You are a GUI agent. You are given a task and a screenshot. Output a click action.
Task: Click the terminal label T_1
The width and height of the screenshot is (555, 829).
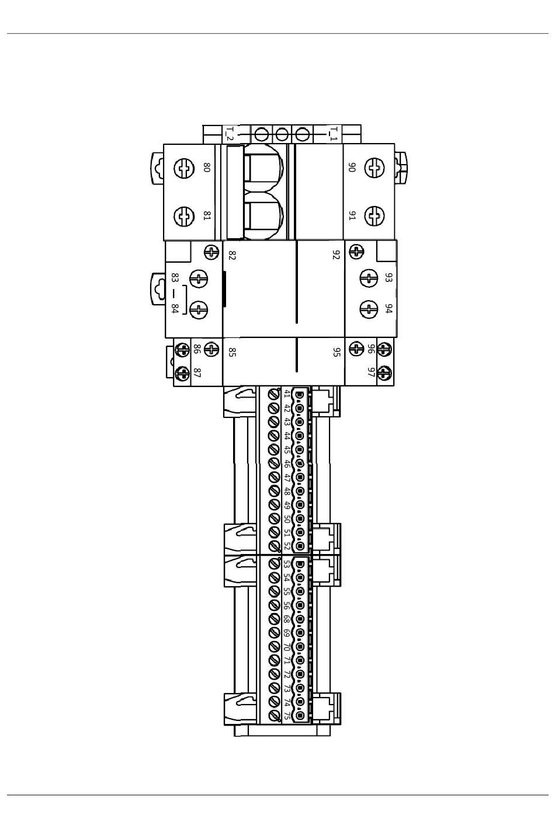(x=334, y=134)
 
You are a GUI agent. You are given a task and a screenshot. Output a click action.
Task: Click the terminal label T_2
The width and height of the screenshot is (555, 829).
(x=230, y=134)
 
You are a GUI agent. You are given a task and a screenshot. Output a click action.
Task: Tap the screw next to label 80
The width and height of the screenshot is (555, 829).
(x=184, y=168)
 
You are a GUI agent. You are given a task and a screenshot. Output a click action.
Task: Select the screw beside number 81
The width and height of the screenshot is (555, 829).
(x=184, y=216)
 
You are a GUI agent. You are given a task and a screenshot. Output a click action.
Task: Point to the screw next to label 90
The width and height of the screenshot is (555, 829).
(x=374, y=168)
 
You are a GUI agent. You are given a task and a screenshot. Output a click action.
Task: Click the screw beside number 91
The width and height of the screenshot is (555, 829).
(x=374, y=216)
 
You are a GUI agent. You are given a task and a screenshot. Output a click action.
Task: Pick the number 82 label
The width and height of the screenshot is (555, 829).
(x=232, y=255)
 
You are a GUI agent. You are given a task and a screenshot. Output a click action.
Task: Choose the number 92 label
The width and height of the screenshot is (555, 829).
(x=336, y=255)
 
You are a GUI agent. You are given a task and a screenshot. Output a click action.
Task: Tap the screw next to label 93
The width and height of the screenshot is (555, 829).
(x=369, y=278)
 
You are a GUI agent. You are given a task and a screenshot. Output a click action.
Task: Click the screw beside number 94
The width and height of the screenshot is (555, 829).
(x=369, y=309)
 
